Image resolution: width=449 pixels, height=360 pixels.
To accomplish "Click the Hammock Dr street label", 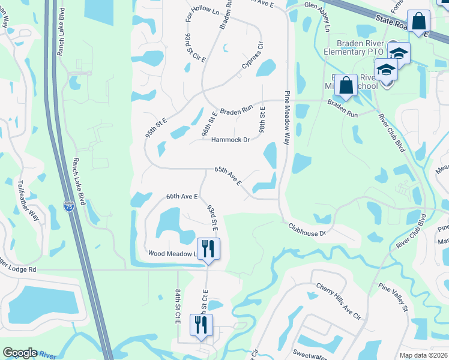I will pos(230,140).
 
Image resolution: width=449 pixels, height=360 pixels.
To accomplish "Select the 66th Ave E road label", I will pos(182,196).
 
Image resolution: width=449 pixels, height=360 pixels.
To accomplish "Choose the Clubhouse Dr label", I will pos(306,229).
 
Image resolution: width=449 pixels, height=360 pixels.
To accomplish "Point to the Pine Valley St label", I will pos(393,298).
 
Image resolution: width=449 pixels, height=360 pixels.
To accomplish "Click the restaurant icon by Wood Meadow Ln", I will pos(208,248).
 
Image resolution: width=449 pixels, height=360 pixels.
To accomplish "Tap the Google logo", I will pos(19,353).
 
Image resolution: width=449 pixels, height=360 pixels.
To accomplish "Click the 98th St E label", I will pos(262,120).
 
